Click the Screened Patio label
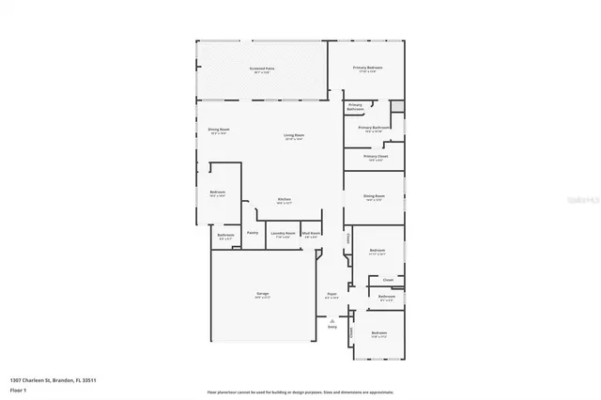coord(262,69)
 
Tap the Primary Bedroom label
coord(367,68)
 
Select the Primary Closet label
coord(376,156)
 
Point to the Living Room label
coord(294,135)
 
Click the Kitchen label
coord(284,199)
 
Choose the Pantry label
coord(253,232)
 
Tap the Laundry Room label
coord(283,233)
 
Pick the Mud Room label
coord(311,233)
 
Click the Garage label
coord(263,294)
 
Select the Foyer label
coord(331,294)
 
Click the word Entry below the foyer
coord(331,327)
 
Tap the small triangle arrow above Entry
coord(331,320)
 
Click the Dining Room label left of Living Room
coord(219,130)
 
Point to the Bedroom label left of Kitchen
coord(217,192)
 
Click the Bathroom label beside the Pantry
coord(225,235)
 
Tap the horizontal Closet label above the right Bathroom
coord(387,278)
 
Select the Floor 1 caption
coord(18,388)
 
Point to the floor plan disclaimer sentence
coord(300,392)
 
